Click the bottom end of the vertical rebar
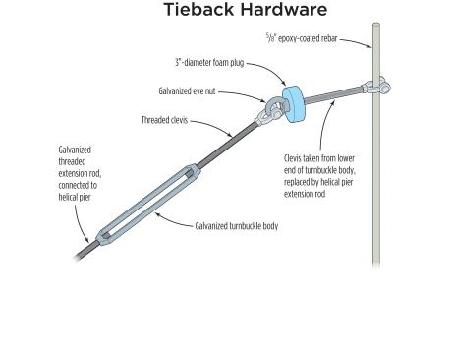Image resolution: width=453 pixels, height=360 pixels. [x=376, y=260]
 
